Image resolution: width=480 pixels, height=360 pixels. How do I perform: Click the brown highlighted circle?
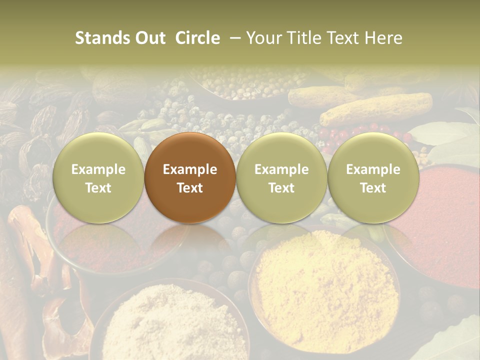pyautogui.click(x=190, y=177)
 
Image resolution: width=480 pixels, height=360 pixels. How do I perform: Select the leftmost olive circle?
pyautogui.click(x=98, y=177)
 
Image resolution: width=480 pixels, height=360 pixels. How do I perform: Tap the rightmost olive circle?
pyautogui.click(x=373, y=177)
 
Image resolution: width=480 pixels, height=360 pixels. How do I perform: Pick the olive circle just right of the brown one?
pyautogui.click(x=281, y=177)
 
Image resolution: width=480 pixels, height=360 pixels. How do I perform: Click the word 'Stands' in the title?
pyautogui.click(x=103, y=38)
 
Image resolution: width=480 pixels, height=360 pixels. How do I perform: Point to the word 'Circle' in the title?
pyautogui.click(x=197, y=38)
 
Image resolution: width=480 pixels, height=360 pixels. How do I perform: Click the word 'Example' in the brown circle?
pyautogui.click(x=190, y=169)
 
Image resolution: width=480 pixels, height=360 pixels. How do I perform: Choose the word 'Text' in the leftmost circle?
pyautogui.click(x=98, y=188)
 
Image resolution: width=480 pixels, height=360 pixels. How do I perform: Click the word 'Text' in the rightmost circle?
pyautogui.click(x=373, y=188)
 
